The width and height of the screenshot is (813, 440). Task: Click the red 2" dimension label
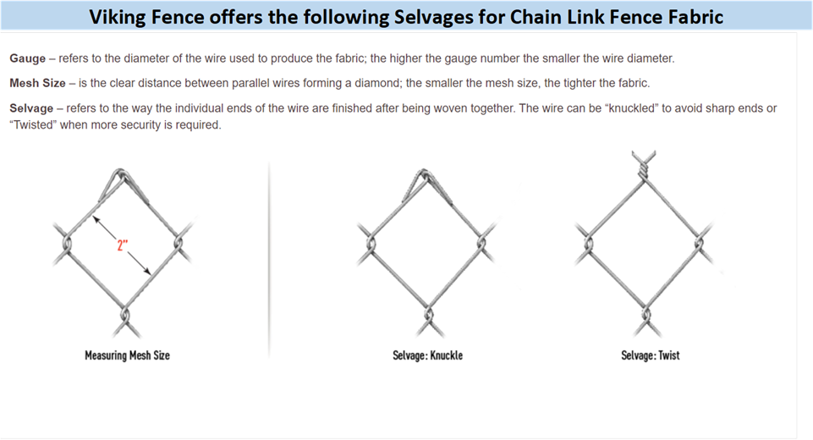[122, 246]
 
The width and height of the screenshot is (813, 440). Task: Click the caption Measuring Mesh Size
[127, 355]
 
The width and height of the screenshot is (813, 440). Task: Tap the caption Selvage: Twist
[650, 355]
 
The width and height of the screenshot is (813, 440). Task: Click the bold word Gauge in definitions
[28, 58]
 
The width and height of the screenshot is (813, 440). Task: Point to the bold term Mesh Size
[37, 84]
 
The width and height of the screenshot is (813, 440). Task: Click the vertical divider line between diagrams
[270, 254]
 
